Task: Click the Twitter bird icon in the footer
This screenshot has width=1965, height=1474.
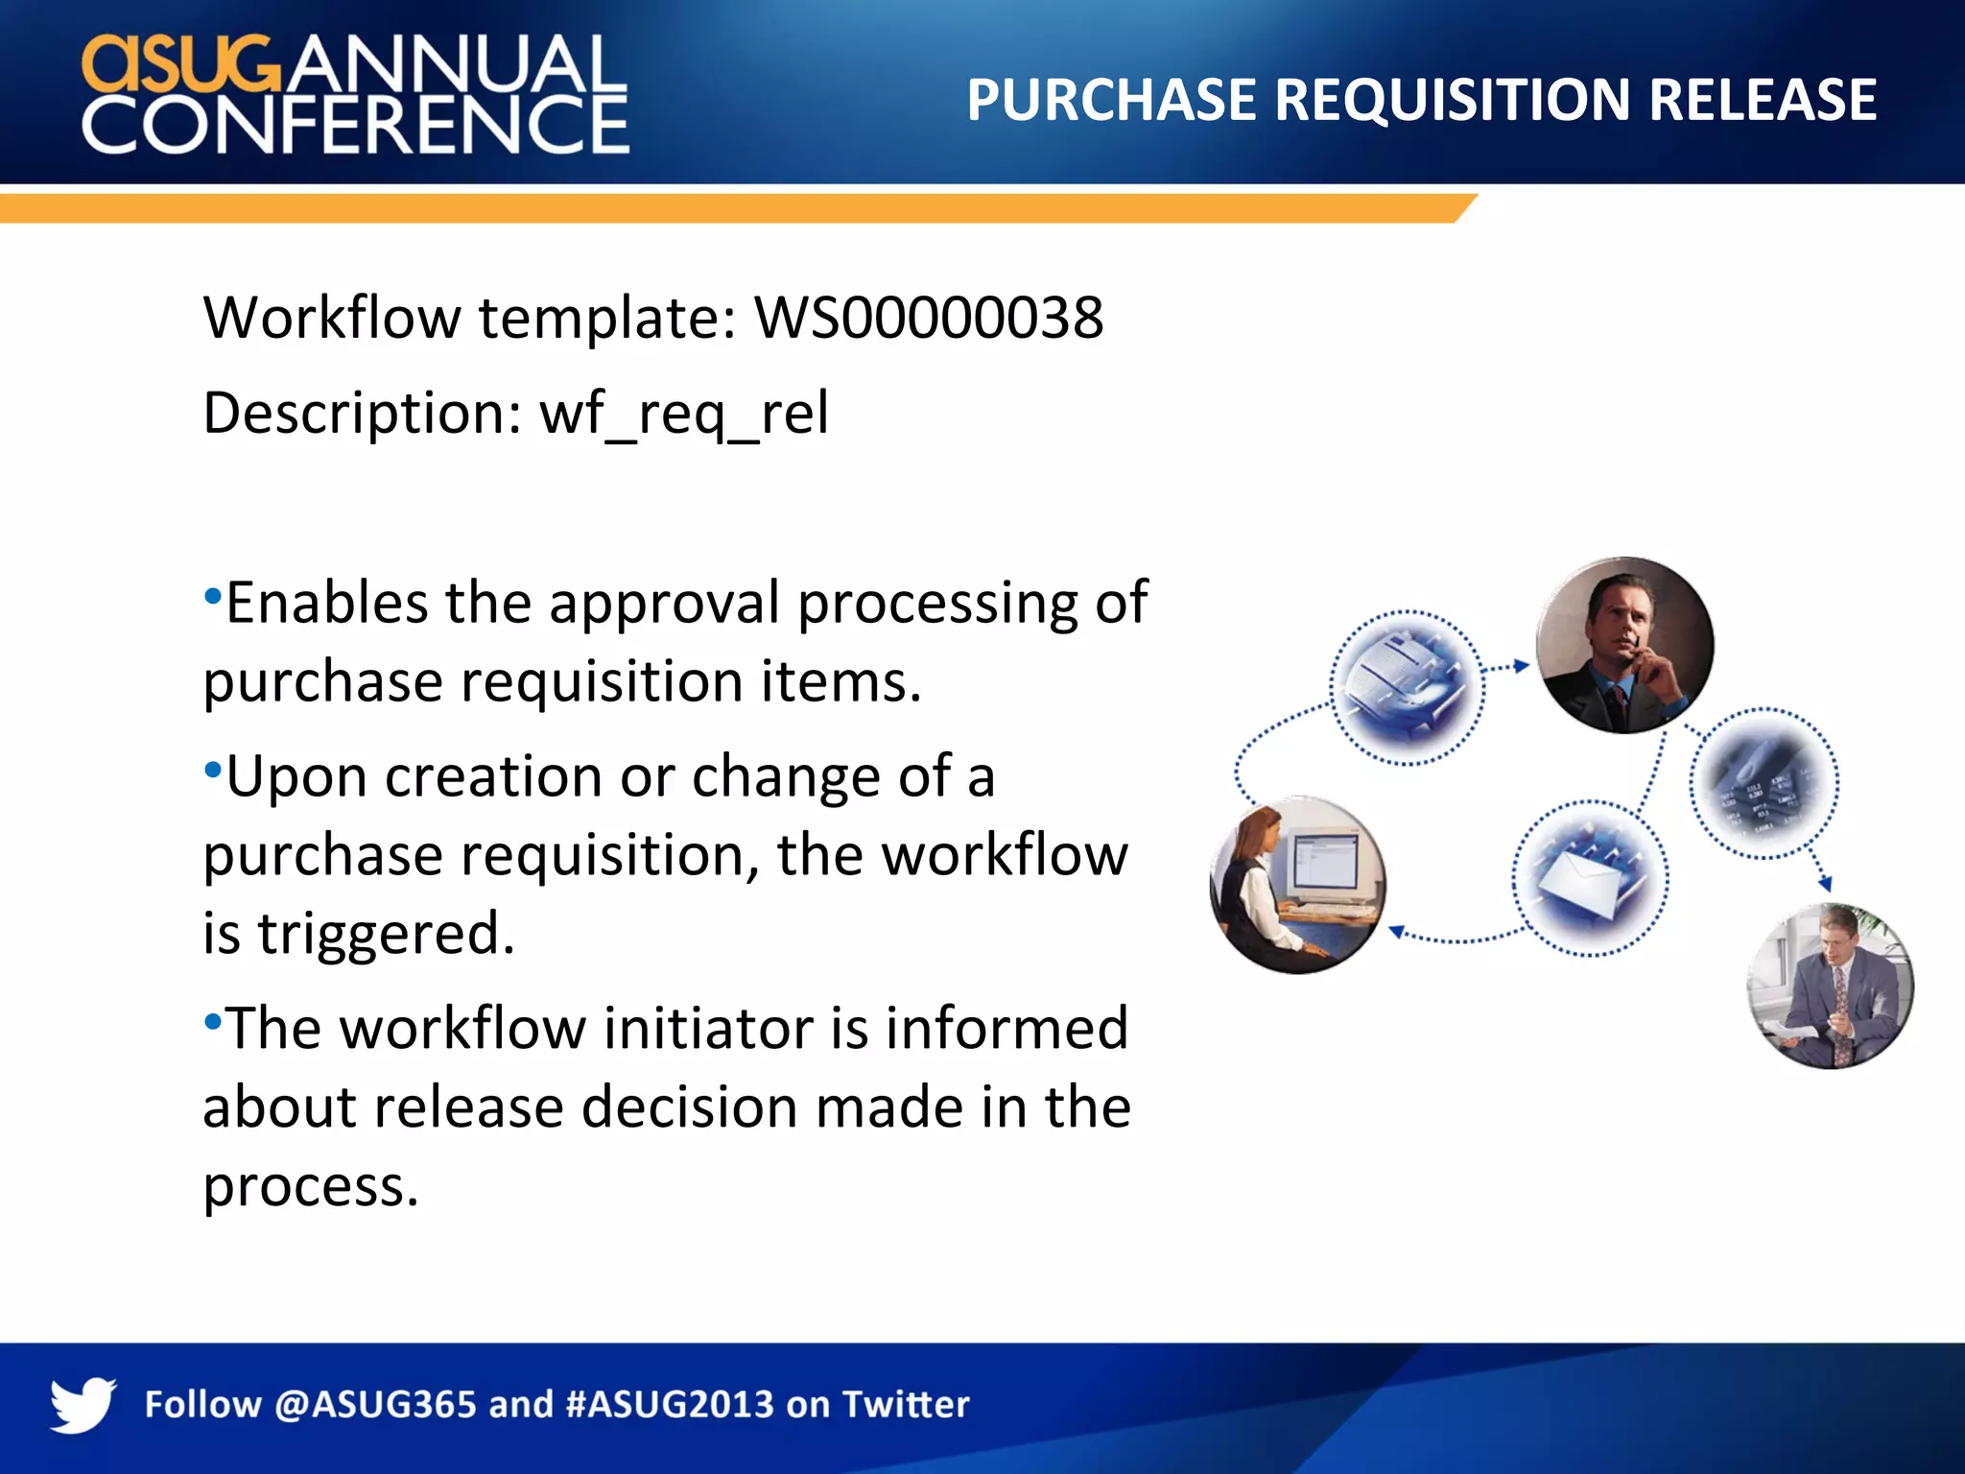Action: point(83,1404)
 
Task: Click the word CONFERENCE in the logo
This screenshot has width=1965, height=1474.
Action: point(355,125)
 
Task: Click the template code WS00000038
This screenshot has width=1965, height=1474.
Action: point(929,318)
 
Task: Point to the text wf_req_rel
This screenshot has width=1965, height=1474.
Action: point(684,415)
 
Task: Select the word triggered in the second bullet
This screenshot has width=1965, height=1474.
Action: point(386,934)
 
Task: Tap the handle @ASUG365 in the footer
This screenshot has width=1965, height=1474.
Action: point(375,1405)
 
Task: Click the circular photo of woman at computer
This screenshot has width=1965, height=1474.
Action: point(1297,884)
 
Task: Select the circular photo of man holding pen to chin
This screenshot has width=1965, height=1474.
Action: point(1623,645)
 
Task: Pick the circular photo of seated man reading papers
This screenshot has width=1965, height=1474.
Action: point(1830,986)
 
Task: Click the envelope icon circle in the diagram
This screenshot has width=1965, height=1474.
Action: point(1590,878)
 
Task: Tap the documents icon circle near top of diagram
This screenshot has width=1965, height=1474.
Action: point(1407,687)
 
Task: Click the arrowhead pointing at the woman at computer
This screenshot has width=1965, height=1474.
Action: point(1397,931)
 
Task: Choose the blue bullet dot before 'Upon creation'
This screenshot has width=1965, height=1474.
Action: point(213,769)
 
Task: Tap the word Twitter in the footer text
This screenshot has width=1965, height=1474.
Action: point(905,1405)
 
